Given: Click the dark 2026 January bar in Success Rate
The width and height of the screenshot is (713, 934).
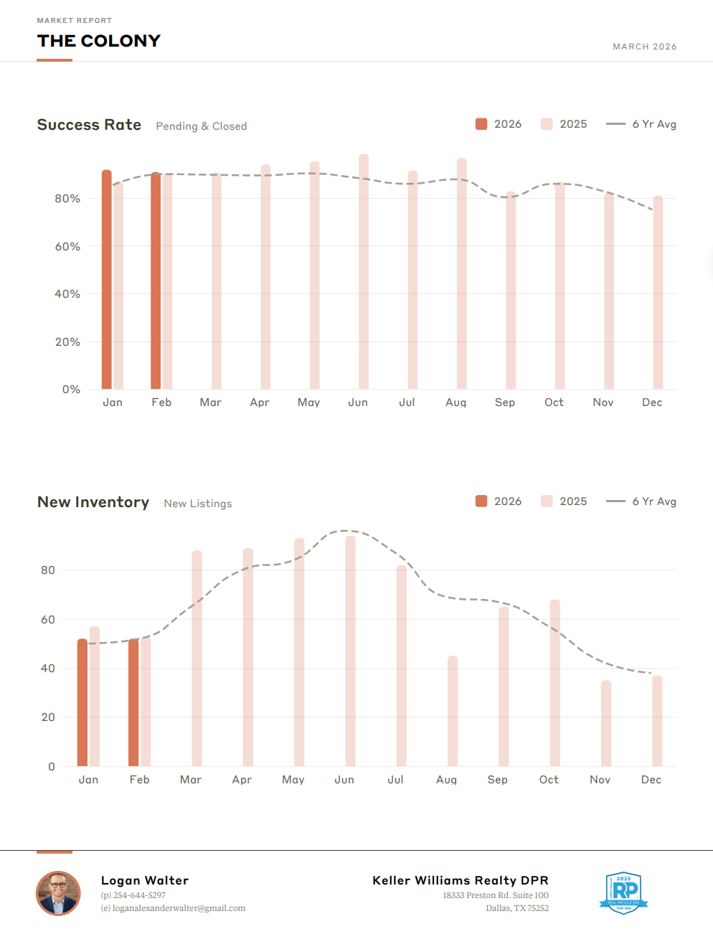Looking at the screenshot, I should [x=107, y=280].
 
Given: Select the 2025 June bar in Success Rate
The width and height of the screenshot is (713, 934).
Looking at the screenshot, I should [x=364, y=273].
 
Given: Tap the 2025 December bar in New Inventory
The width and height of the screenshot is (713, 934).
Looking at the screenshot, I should [x=657, y=721].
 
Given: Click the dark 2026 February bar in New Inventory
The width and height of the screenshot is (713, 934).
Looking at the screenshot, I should [x=133, y=702].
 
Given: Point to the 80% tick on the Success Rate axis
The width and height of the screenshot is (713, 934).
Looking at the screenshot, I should [x=67, y=199].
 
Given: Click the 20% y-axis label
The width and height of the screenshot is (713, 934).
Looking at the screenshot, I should [x=67, y=342].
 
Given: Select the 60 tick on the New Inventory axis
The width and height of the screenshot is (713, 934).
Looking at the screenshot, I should [x=48, y=620].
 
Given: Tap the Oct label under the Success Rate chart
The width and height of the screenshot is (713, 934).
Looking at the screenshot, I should [x=554, y=402].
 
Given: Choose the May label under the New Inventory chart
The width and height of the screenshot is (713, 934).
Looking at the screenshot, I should [x=293, y=780].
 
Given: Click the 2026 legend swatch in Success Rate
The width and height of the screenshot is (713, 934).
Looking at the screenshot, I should [x=481, y=124].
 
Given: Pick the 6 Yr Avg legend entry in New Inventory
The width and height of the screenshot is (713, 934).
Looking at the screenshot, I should [x=641, y=501].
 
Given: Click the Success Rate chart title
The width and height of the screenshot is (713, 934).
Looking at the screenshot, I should [x=89, y=125].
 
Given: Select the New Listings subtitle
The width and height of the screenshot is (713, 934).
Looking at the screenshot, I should [x=198, y=504].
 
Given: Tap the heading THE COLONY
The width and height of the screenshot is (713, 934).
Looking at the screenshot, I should [x=99, y=41].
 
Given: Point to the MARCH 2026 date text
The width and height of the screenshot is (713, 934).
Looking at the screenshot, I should [x=644, y=47].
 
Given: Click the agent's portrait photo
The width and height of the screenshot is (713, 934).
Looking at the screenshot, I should [x=58, y=893].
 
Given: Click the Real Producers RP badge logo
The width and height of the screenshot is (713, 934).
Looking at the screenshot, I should [x=623, y=892].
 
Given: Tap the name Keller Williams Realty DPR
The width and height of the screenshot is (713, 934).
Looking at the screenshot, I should [x=460, y=880].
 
